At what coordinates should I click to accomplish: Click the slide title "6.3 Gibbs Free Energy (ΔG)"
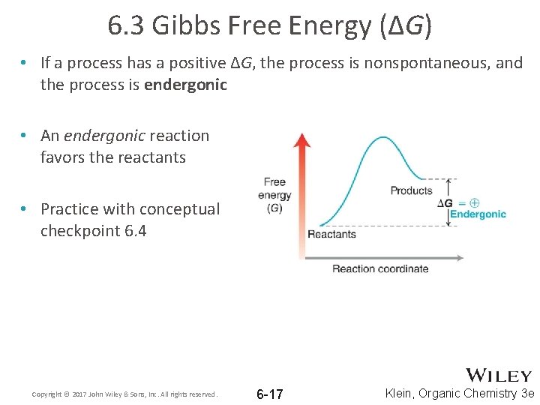pyautogui.click(x=269, y=26)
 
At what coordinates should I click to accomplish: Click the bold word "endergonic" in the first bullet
pyautogui.click(x=185, y=85)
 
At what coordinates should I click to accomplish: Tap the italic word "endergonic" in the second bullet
pyautogui.click(x=104, y=136)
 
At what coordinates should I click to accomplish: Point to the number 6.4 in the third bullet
pyautogui.click(x=133, y=231)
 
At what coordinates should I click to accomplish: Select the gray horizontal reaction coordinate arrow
pyautogui.click(x=382, y=257)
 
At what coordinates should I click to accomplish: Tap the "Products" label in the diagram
pyautogui.click(x=411, y=190)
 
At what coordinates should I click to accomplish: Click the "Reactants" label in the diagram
pyautogui.click(x=331, y=235)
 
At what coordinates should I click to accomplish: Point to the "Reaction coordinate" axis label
pyautogui.click(x=380, y=269)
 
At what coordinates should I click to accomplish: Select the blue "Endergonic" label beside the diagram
pyautogui.click(x=478, y=214)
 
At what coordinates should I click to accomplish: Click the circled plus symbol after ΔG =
pyautogui.click(x=474, y=202)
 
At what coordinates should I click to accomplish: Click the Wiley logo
pyautogui.click(x=498, y=375)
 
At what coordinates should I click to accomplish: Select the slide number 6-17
pyautogui.click(x=269, y=394)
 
